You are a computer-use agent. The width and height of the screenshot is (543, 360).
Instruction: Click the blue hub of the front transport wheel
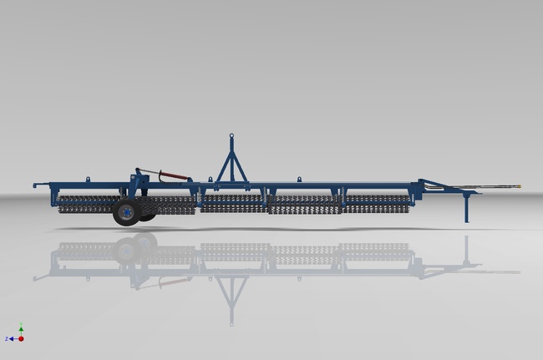(125, 213)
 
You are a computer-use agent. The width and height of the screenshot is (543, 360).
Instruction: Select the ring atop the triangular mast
(232, 134)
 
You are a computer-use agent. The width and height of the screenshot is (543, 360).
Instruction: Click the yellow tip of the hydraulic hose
(517, 186)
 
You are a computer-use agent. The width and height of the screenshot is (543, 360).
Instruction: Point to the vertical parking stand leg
(466, 209)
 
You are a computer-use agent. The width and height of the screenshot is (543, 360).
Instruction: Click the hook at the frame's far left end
(36, 185)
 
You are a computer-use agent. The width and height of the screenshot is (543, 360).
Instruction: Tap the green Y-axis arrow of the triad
(21, 329)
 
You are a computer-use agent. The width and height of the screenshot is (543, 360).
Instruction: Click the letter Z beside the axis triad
(7, 338)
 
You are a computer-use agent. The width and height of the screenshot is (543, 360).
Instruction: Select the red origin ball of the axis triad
(21, 338)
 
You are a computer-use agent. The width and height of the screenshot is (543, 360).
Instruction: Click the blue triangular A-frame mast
(232, 163)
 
